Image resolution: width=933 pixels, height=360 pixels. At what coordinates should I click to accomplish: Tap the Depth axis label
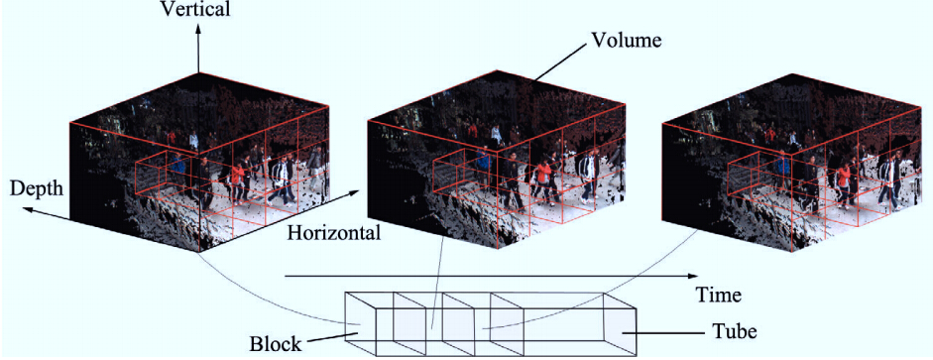point(37,188)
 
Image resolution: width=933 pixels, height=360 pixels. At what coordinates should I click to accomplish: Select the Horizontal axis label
point(333,233)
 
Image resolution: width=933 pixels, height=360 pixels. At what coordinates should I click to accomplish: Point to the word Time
point(720,294)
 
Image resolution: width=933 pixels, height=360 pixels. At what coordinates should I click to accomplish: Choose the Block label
point(275,344)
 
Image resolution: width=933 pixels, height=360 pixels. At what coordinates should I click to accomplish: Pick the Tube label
point(735,330)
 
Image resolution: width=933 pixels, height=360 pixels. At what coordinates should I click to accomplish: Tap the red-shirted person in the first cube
point(237,181)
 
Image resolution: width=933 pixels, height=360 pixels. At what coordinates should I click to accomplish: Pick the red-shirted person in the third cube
point(843,182)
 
